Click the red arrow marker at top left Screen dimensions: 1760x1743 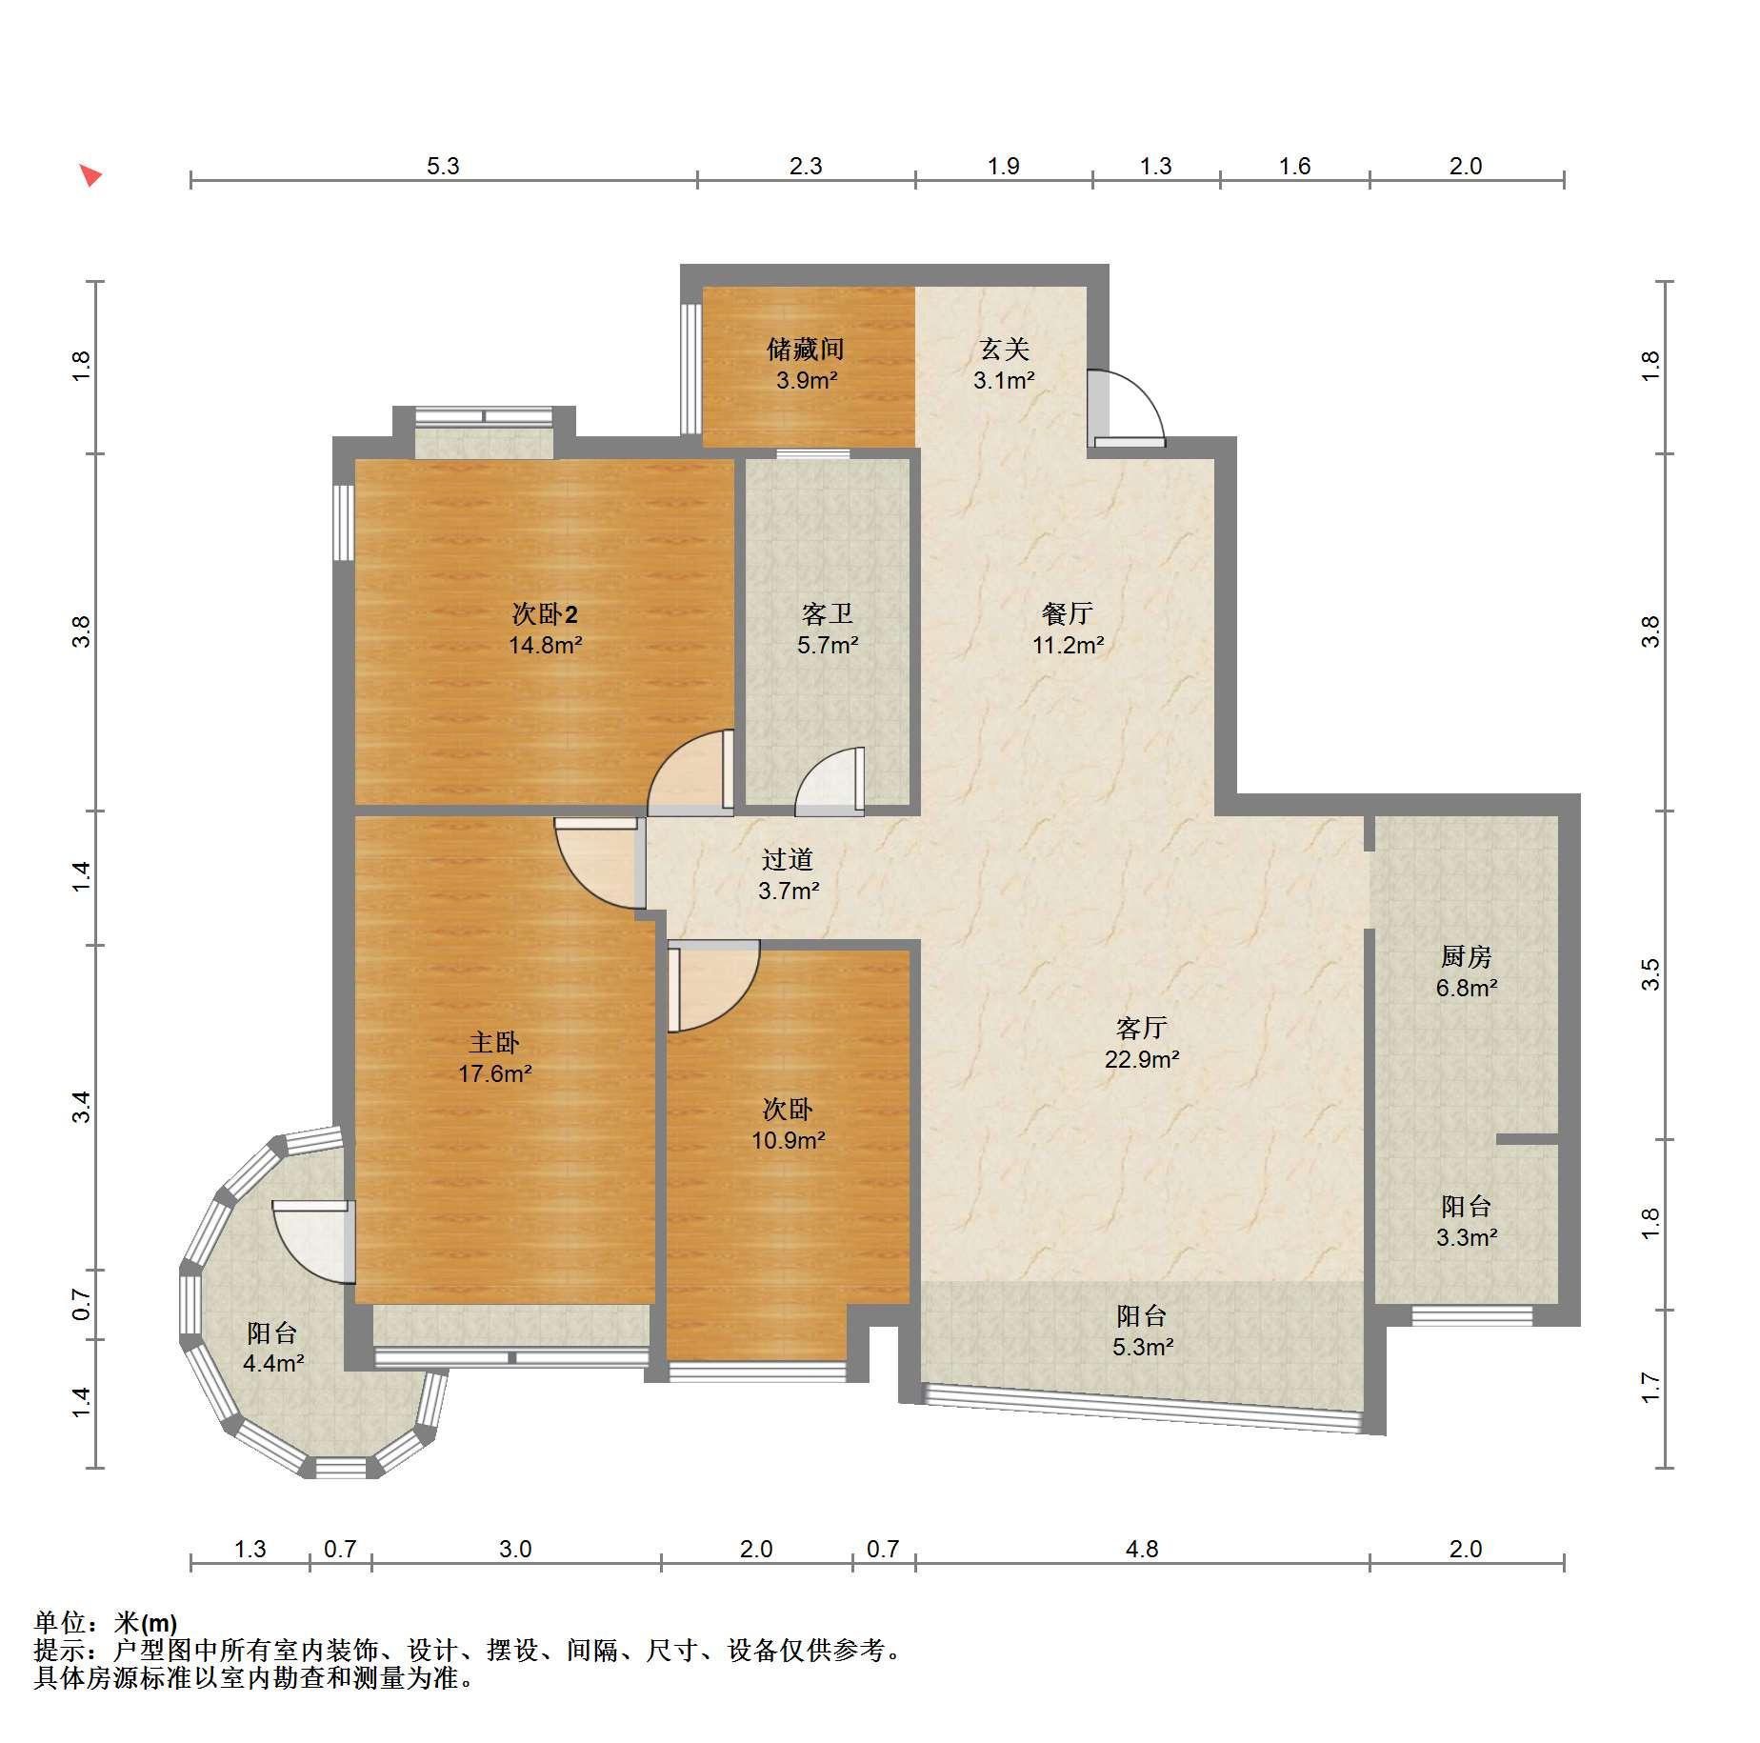pos(90,175)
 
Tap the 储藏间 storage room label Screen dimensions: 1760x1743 pos(806,350)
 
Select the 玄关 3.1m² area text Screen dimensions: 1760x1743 pos(1004,381)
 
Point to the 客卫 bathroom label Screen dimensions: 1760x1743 pos(828,614)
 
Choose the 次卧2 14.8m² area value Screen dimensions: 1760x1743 pos(545,645)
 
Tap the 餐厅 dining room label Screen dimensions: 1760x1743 pos(1068,614)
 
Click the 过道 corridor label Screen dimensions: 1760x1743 pos(788,860)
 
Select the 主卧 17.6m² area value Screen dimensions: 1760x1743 pos(494,1073)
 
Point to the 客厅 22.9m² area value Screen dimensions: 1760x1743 pos(1142,1058)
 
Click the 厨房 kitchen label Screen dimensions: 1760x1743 pos(1466,956)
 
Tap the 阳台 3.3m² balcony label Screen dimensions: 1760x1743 pos(1466,1222)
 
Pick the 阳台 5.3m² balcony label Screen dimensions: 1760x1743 pos(1142,1331)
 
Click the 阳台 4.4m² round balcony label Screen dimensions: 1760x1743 pos(272,1348)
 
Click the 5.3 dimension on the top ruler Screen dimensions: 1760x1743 pos(443,166)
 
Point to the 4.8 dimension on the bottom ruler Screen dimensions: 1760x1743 pos(1142,1549)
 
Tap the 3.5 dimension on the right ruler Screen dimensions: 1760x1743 pos(1650,973)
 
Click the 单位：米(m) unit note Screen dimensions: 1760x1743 pos(105,1622)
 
